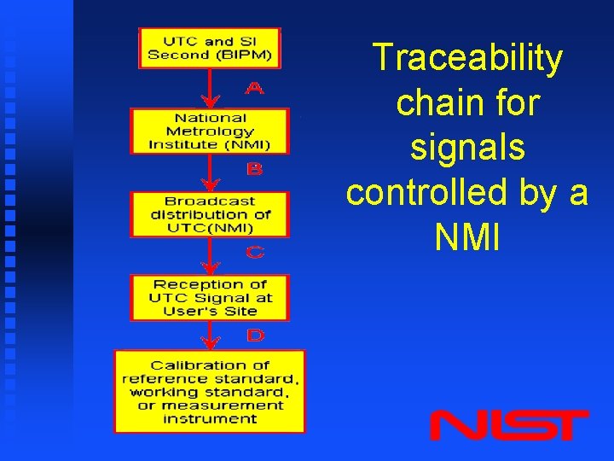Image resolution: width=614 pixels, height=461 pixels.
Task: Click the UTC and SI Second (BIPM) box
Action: (209, 48)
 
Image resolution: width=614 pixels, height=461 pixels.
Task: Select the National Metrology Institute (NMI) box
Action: (209, 131)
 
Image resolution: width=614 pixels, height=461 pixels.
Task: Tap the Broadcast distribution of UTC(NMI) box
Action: (209, 214)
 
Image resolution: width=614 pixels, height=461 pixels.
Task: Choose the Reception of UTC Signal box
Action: (209, 297)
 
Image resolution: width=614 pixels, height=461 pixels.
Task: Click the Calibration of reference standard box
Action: (209, 391)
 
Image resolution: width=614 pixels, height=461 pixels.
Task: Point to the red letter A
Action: (254, 88)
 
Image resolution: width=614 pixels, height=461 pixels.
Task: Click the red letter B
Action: (254, 170)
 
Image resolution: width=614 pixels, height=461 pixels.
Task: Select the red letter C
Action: (254, 253)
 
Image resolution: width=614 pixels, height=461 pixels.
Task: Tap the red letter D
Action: (254, 336)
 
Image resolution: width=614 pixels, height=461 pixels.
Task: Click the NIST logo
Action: (508, 424)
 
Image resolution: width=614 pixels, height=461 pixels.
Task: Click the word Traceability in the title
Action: (467, 59)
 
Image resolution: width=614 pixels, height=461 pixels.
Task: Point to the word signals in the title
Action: (467, 149)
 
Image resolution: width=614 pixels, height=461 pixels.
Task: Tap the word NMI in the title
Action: (467, 238)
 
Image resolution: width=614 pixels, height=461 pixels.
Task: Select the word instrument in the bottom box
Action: (209, 418)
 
